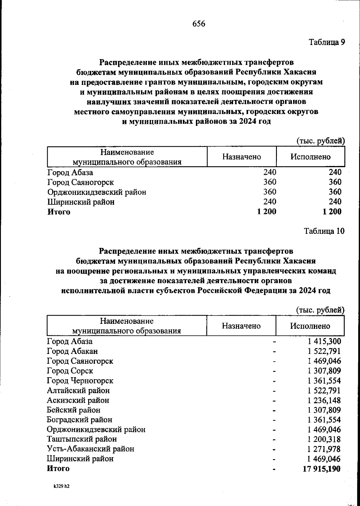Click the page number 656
(x=199, y=24)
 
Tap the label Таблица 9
(x=327, y=42)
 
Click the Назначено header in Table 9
(x=241, y=157)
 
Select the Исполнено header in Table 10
(x=310, y=326)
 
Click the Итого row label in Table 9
(x=59, y=212)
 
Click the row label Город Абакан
(x=72, y=351)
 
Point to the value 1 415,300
(x=324, y=341)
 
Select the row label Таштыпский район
(x=82, y=439)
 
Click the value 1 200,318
(x=324, y=439)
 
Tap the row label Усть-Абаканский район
(x=91, y=449)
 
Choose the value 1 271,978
(x=324, y=449)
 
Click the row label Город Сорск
(x=70, y=371)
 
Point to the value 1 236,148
(x=324, y=400)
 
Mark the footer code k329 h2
(x=62, y=486)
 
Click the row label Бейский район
(x=73, y=410)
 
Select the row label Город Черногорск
(x=80, y=381)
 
